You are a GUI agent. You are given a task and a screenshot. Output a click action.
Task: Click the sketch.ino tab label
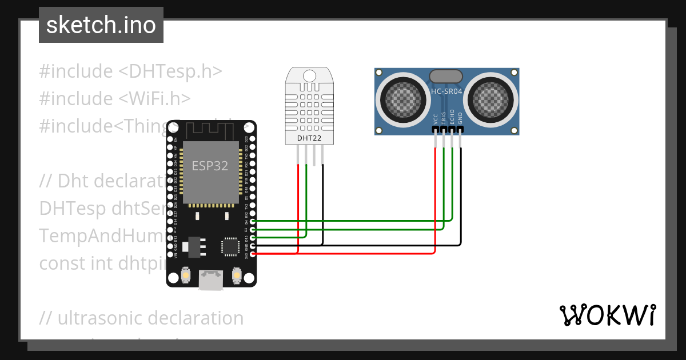[x=101, y=25]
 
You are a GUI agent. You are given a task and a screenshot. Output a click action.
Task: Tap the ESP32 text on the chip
[x=209, y=166]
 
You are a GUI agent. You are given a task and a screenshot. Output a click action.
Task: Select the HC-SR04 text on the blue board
[x=446, y=91]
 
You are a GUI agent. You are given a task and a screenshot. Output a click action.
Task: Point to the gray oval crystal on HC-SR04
[x=446, y=76]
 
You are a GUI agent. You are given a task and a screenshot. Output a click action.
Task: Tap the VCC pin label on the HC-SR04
[x=436, y=118]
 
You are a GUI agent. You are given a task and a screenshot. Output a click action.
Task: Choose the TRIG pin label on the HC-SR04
[x=444, y=117]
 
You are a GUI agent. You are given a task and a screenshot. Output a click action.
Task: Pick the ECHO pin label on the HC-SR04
[x=452, y=117]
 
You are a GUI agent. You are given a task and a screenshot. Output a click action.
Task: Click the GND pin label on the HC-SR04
[x=460, y=118]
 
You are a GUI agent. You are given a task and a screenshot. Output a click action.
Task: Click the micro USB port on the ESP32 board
[x=210, y=279]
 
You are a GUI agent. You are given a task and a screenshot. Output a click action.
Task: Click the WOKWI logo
[x=607, y=315]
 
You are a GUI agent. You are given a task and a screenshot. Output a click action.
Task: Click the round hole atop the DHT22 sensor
[x=309, y=75]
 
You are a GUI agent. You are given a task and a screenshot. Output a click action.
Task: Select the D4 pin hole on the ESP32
[x=253, y=221]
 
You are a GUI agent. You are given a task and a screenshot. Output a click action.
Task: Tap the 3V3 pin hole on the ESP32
[x=253, y=254]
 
